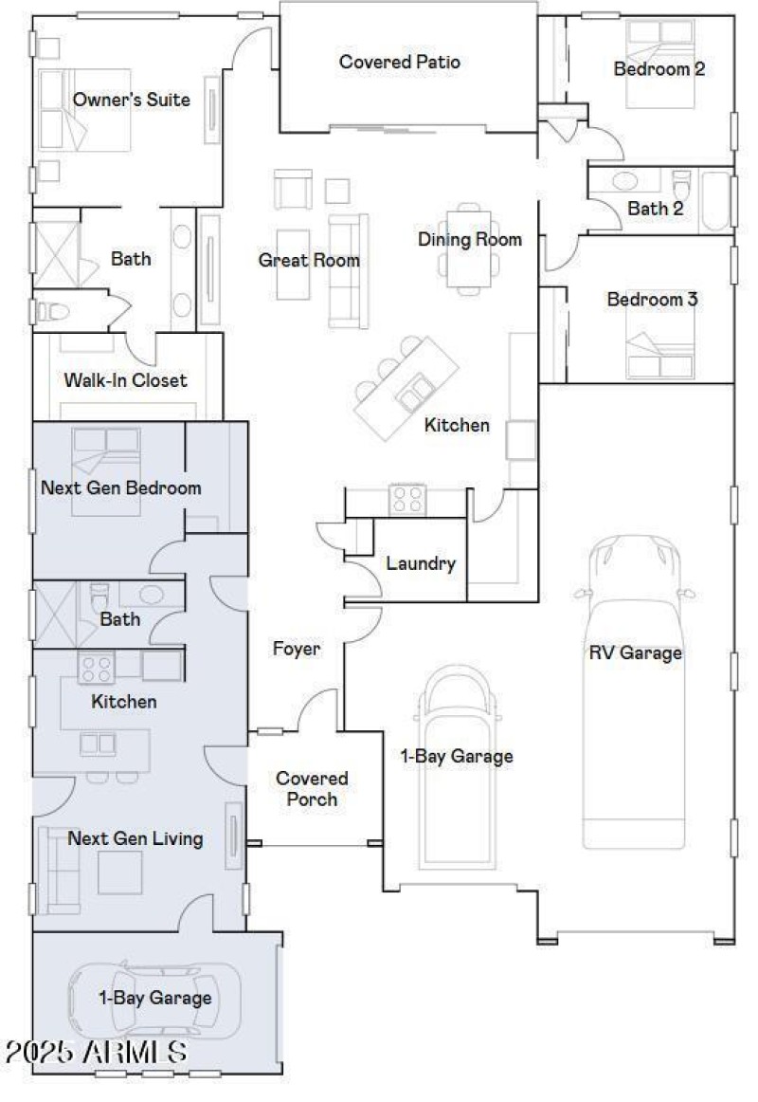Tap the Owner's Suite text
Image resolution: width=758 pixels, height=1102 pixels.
[x=131, y=100]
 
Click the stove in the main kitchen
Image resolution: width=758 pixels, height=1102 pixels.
[x=407, y=499]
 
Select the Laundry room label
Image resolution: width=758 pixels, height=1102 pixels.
[x=421, y=563]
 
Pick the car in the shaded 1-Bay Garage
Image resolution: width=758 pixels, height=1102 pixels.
[x=154, y=1000]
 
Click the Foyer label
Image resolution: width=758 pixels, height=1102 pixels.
[x=296, y=650]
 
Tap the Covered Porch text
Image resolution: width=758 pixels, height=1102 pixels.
[x=312, y=788]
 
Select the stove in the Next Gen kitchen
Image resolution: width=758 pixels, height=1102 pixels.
[x=96, y=669]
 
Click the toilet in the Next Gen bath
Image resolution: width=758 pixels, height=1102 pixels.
[x=100, y=598]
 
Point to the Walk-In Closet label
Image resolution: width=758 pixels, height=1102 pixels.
[x=125, y=380]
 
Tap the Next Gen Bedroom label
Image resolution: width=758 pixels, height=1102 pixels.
[x=121, y=488]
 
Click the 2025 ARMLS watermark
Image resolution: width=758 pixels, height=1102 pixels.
[x=95, y=1052]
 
